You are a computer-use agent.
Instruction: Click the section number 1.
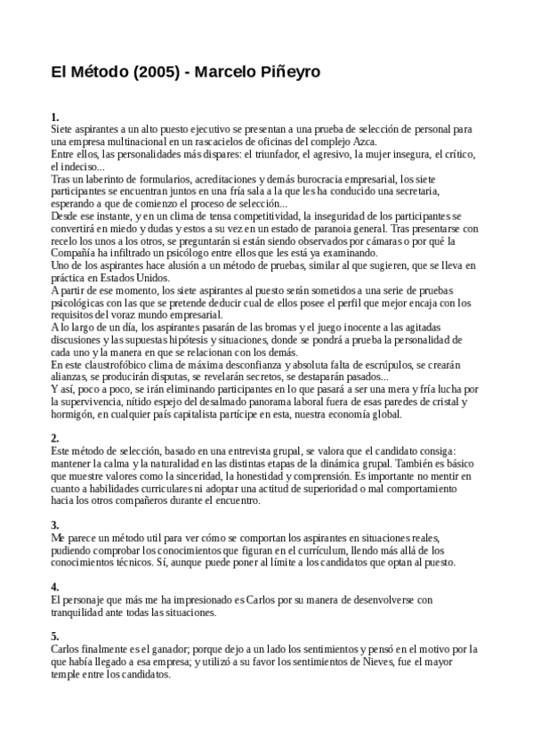[55, 117]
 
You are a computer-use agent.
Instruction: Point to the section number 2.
[55, 438]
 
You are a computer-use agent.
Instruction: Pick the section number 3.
[55, 525]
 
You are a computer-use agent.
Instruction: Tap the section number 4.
[55, 587]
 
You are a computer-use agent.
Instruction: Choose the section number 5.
[55, 636]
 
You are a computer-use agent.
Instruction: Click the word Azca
[364, 142]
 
